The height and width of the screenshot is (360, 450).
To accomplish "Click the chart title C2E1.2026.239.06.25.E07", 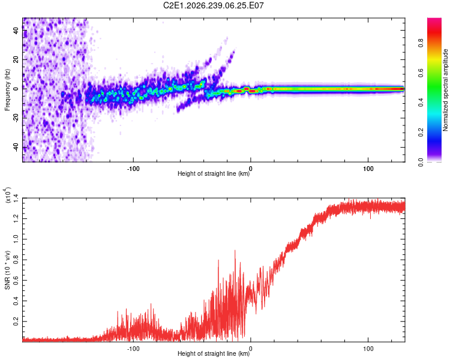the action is pos(213,5).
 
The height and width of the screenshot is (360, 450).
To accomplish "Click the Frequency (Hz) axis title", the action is pos(7,89).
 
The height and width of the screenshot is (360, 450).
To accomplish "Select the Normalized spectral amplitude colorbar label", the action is pos(445,90).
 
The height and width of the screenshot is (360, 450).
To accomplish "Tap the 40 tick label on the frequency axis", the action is pos(16,30).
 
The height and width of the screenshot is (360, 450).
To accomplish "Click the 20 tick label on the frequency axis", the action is pos(16,59).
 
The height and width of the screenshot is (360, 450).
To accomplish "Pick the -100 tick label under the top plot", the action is pos(133,169).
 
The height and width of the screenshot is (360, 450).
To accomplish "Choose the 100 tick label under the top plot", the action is pos(368,169).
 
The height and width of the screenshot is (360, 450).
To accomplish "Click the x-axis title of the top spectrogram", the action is pos(214,173).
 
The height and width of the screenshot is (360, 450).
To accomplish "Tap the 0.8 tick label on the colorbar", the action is pos(421,43).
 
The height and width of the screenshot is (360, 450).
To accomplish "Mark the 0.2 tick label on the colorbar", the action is pos(421,132).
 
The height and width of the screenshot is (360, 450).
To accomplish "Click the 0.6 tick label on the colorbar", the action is pos(421,73).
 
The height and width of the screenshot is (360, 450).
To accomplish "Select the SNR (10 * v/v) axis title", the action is pos(7,270).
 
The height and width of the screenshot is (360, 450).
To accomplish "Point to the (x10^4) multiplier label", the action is pos(8,194).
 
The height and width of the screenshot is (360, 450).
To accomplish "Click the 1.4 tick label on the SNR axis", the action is pos(16,199).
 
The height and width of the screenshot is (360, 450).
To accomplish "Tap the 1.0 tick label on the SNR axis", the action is pos(16,239).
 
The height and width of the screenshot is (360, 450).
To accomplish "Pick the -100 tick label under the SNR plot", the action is pos(133,349).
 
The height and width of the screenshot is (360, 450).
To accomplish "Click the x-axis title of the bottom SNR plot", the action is pos(214,353).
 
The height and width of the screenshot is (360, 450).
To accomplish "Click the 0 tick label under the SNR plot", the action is pos(251,349).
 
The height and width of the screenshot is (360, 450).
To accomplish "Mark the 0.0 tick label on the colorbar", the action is pos(421,162).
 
